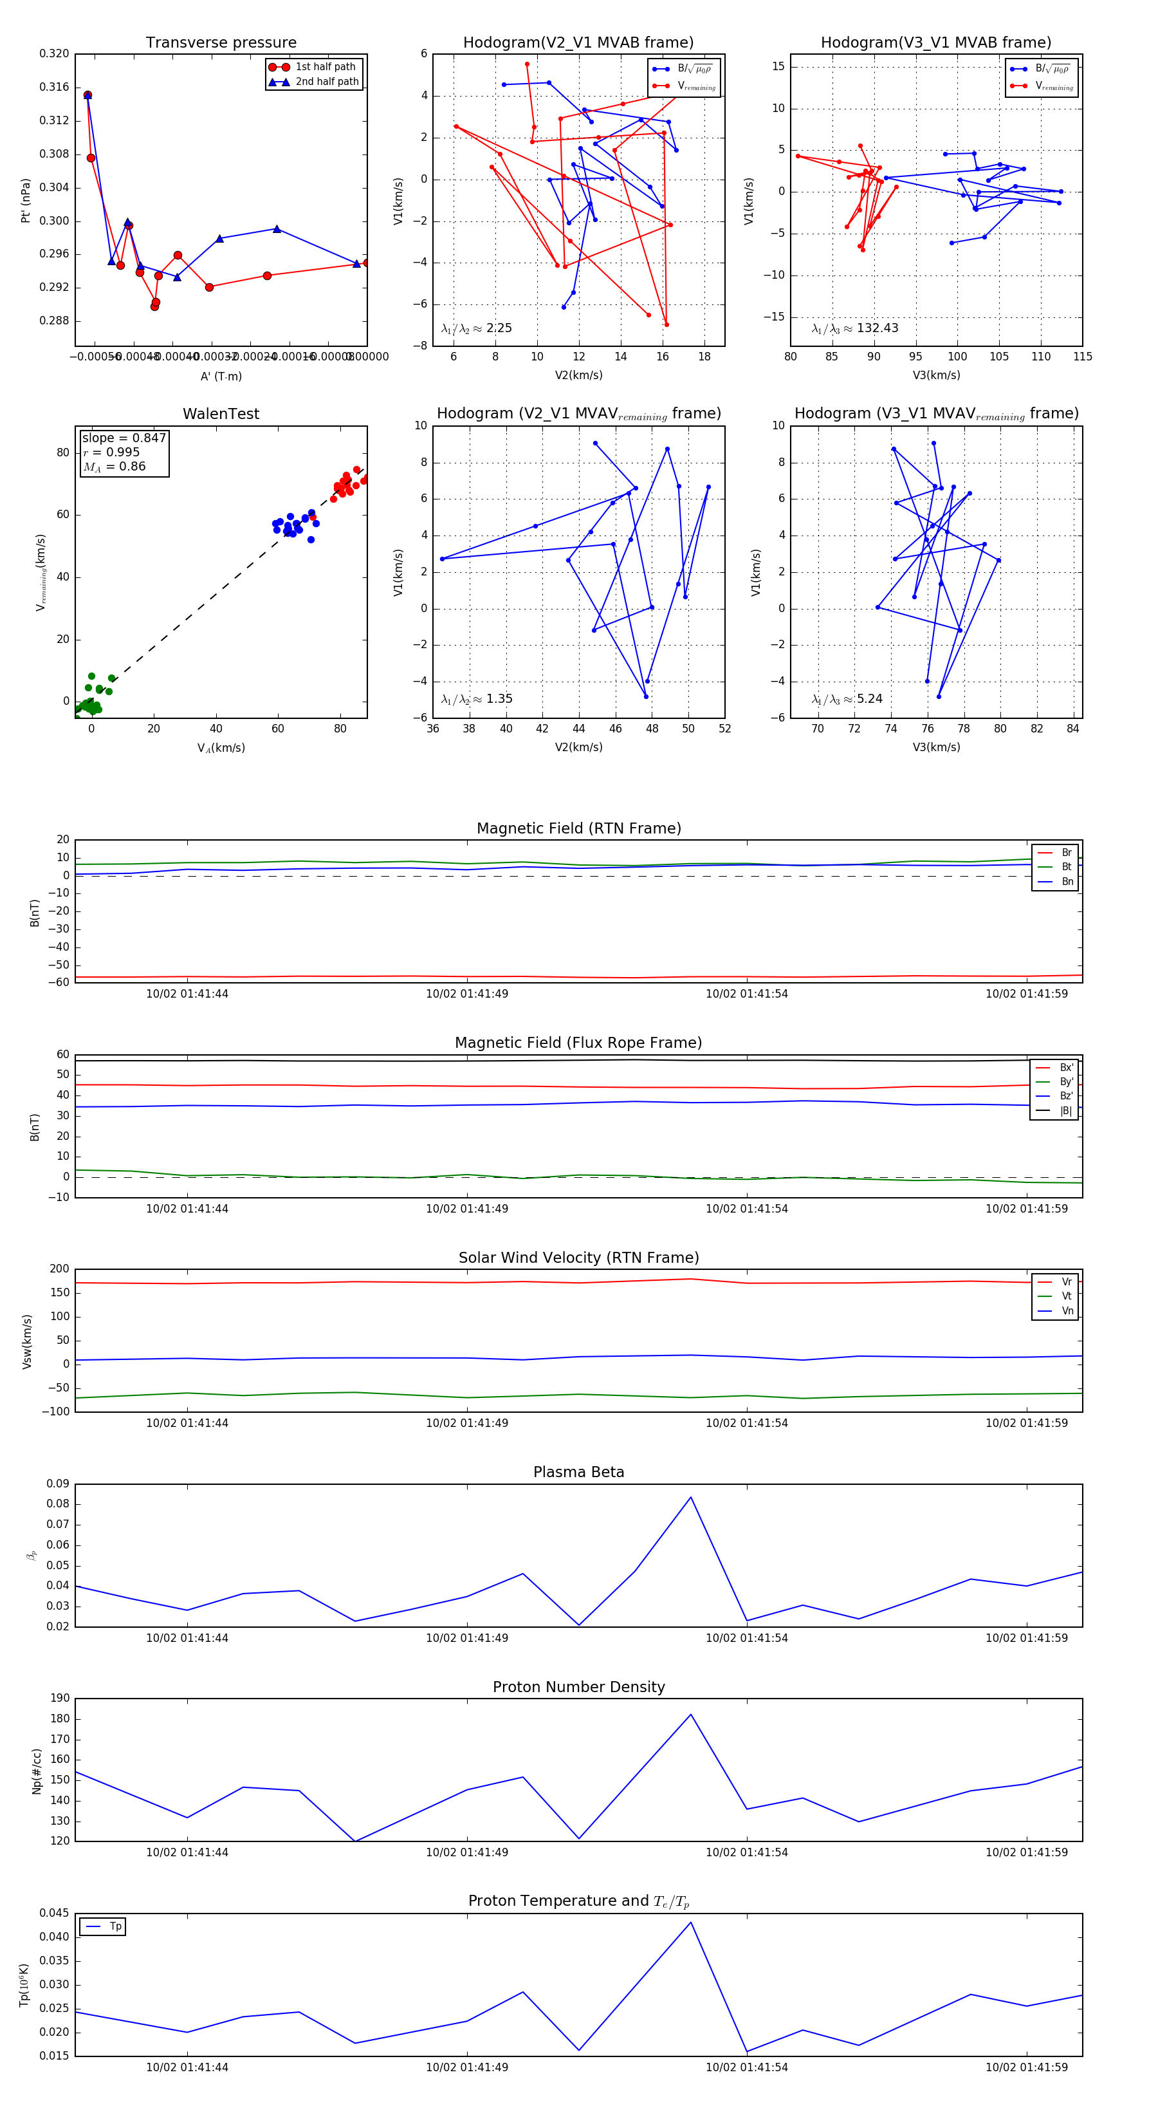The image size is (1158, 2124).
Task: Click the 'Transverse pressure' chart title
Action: [221, 43]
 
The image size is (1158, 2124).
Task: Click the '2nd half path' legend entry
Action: [326, 82]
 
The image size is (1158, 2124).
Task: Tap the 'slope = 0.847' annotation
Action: [124, 438]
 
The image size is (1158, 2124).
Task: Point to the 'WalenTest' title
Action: [221, 414]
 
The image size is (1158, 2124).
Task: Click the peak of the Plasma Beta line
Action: [691, 1497]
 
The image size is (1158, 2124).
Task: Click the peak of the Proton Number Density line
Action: [691, 1715]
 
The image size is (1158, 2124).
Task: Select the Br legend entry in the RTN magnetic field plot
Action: [1066, 853]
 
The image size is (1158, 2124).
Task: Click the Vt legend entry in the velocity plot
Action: [1067, 1296]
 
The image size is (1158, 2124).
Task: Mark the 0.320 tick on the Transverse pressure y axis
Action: [55, 53]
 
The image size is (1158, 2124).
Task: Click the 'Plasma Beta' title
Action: [578, 1473]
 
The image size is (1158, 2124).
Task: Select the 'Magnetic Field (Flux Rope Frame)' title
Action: [578, 1043]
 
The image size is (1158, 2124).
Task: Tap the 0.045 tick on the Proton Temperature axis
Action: [55, 1914]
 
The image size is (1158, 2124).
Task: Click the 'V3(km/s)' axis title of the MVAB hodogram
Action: [936, 375]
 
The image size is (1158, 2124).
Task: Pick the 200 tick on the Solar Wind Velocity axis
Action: [59, 1269]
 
